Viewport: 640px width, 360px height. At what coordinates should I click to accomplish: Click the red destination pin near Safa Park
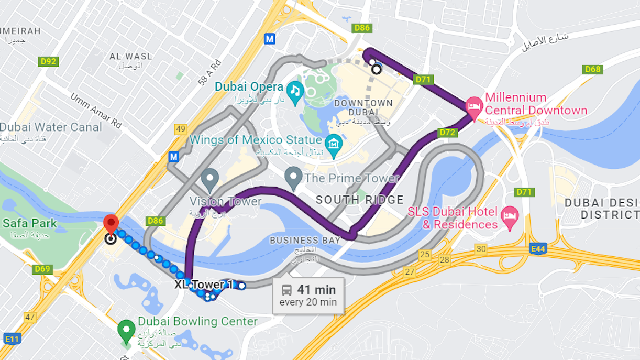coord(111,224)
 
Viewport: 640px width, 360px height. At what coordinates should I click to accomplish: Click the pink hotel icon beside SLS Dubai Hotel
coord(508,215)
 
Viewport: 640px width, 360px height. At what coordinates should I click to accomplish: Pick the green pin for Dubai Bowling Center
coord(126,330)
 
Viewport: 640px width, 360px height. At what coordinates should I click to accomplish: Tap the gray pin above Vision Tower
coord(210,179)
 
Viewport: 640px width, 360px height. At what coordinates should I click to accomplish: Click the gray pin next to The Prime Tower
coord(293,177)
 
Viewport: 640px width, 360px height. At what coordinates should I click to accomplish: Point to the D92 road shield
coord(49,62)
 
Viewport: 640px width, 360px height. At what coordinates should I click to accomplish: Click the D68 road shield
coord(593,70)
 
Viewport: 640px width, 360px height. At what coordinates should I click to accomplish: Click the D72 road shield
coord(447,133)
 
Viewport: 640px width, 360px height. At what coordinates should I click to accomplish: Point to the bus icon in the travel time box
coord(286,290)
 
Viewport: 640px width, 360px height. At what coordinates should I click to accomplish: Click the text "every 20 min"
coord(308,302)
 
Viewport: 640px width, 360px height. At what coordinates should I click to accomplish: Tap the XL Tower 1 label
coord(203,285)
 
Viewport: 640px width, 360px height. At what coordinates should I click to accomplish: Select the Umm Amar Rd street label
coord(96,111)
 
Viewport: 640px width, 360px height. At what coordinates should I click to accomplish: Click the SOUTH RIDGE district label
coord(360,200)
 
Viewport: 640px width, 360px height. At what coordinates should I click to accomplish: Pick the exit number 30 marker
coord(481,249)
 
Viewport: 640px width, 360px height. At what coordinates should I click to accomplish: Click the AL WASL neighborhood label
coord(131,57)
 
